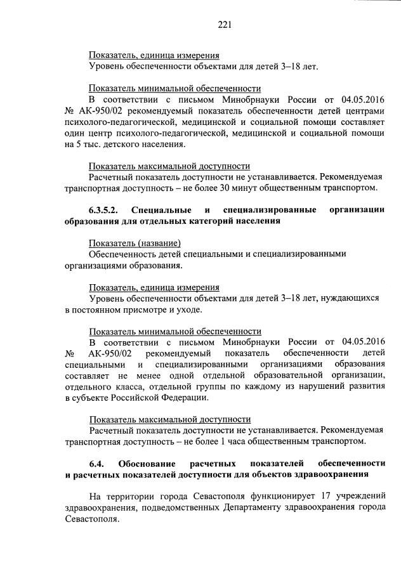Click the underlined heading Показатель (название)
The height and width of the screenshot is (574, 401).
click(x=135, y=244)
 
